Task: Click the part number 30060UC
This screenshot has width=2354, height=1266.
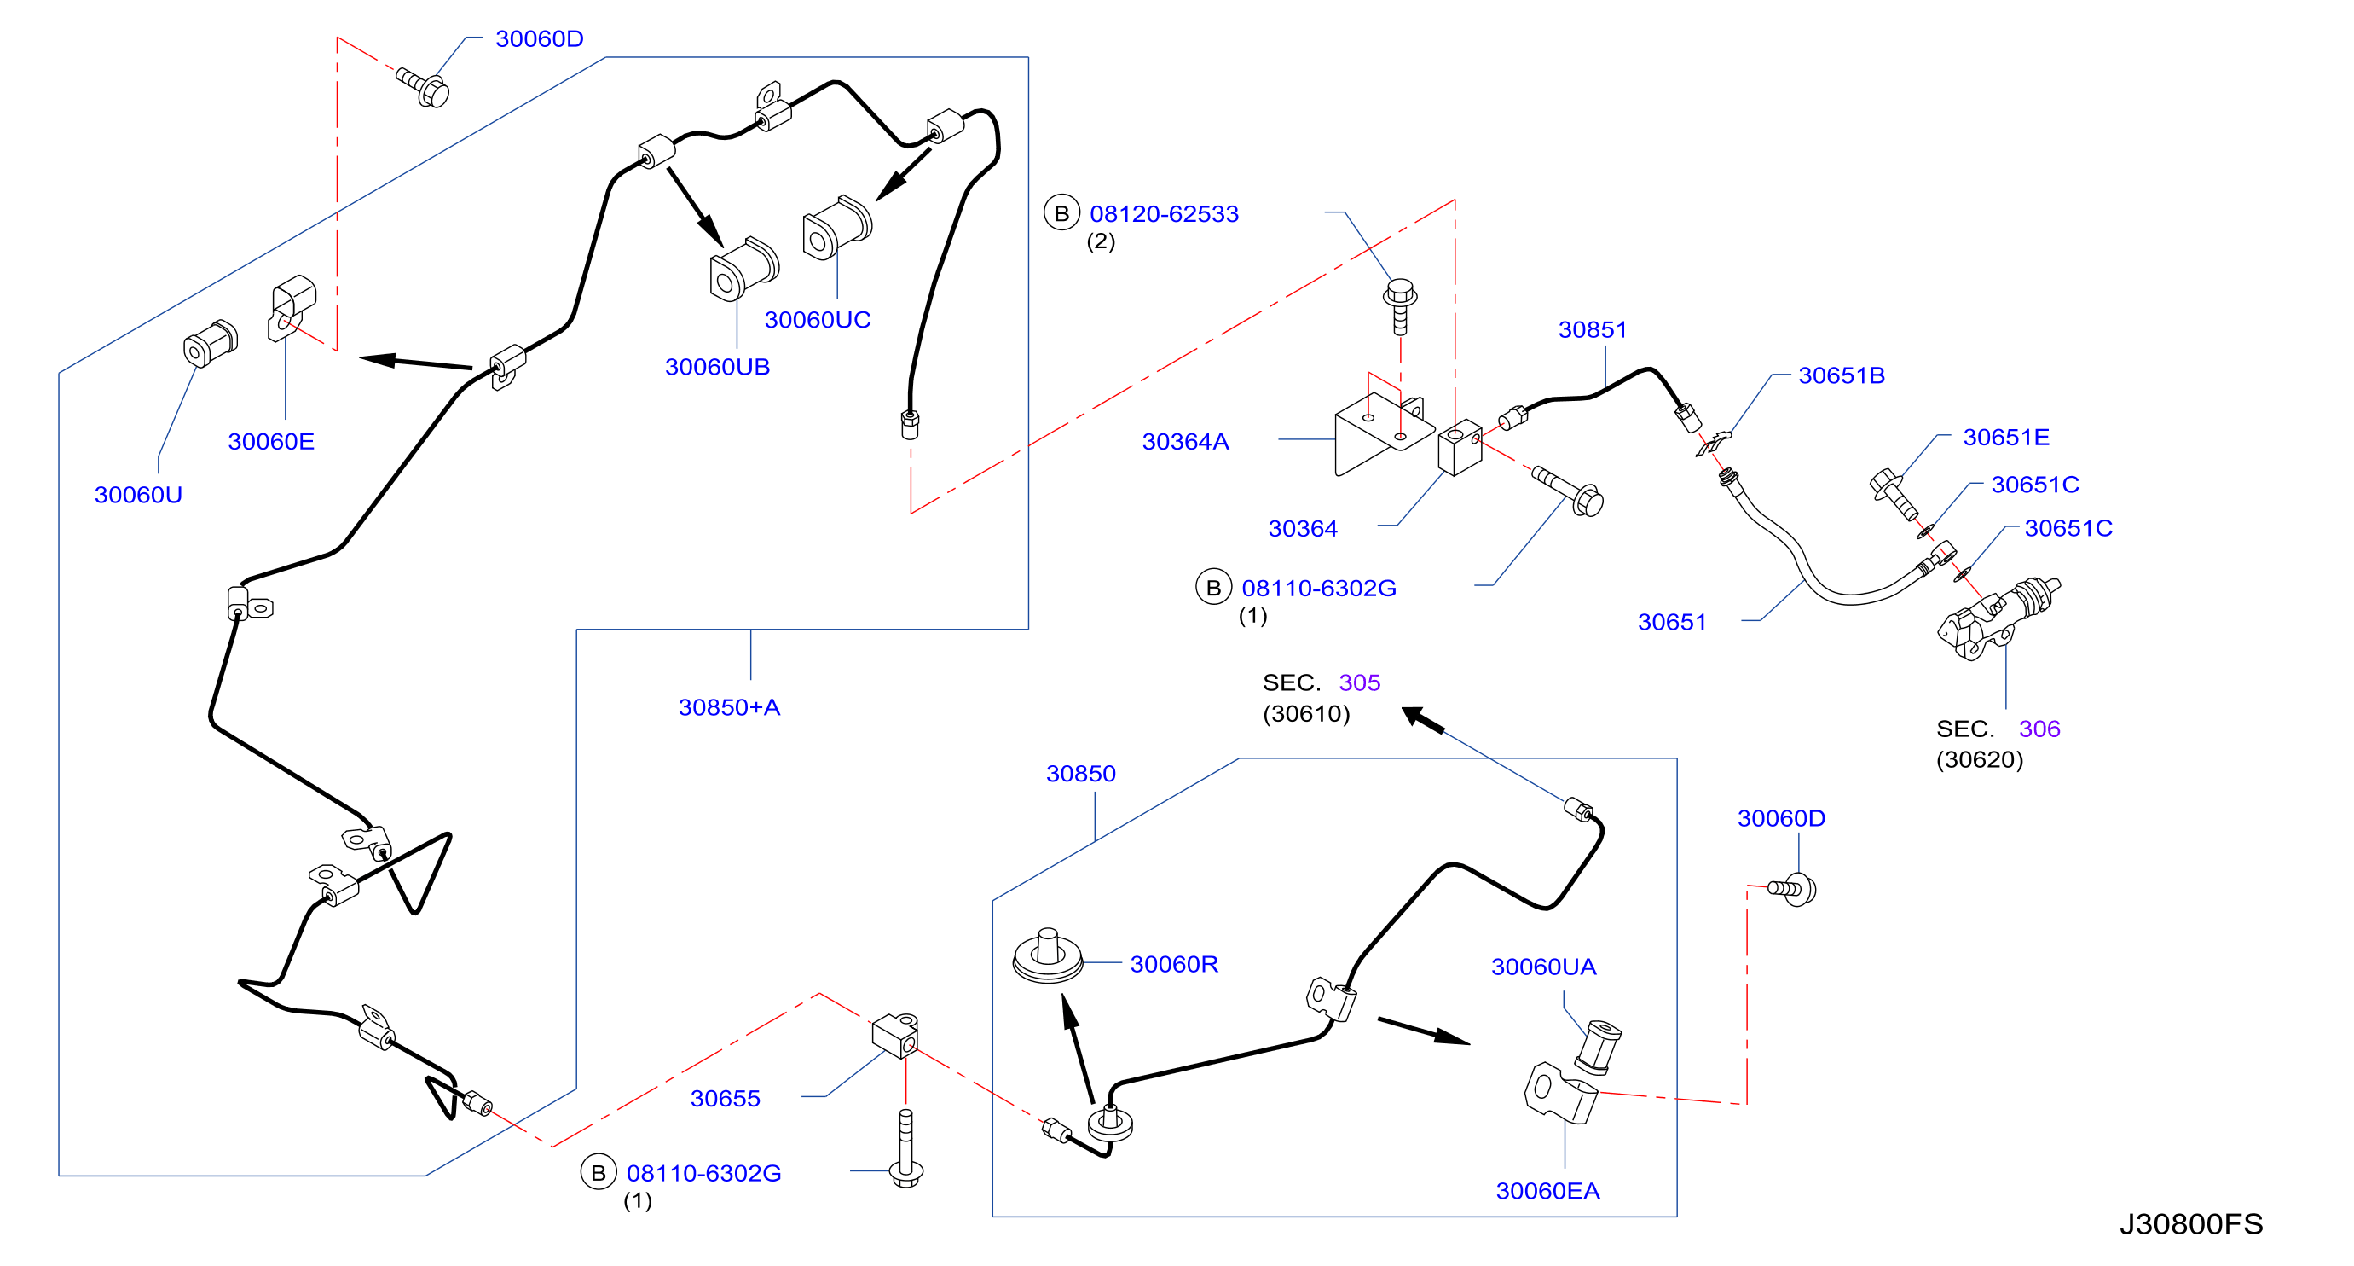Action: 817,320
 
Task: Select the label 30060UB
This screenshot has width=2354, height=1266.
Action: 717,367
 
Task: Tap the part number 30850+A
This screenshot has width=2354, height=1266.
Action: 729,707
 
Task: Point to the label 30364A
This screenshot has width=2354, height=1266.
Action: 1185,442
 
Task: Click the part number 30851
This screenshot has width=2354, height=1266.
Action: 1593,329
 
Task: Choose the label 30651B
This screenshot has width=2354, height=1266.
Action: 1842,375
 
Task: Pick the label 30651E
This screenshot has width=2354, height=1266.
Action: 2006,437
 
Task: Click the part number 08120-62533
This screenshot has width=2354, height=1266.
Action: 1164,214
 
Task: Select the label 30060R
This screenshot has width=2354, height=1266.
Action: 1174,963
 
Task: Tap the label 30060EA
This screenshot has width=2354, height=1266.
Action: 1548,1190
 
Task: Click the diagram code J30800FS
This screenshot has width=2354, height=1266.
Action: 2191,1224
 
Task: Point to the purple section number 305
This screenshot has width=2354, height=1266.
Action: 1360,682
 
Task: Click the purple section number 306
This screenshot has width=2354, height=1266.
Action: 2039,729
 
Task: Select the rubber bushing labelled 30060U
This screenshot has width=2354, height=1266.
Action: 211,343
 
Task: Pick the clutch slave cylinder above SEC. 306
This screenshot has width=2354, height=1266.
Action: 1997,618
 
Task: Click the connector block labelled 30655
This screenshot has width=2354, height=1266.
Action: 895,1035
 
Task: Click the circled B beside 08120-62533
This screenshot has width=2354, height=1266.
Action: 1061,213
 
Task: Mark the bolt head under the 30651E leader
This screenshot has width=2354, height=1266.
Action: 1884,483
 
